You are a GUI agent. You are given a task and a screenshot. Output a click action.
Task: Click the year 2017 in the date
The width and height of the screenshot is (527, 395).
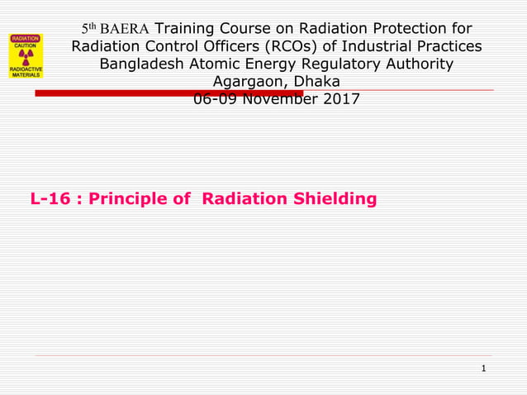341,100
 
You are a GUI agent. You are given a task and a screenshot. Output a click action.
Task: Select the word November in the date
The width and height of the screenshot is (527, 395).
277,100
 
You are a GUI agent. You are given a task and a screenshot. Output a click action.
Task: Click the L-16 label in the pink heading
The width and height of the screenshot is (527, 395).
49,199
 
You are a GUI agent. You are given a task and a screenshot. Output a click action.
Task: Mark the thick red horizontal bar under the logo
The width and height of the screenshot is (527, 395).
165,93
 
